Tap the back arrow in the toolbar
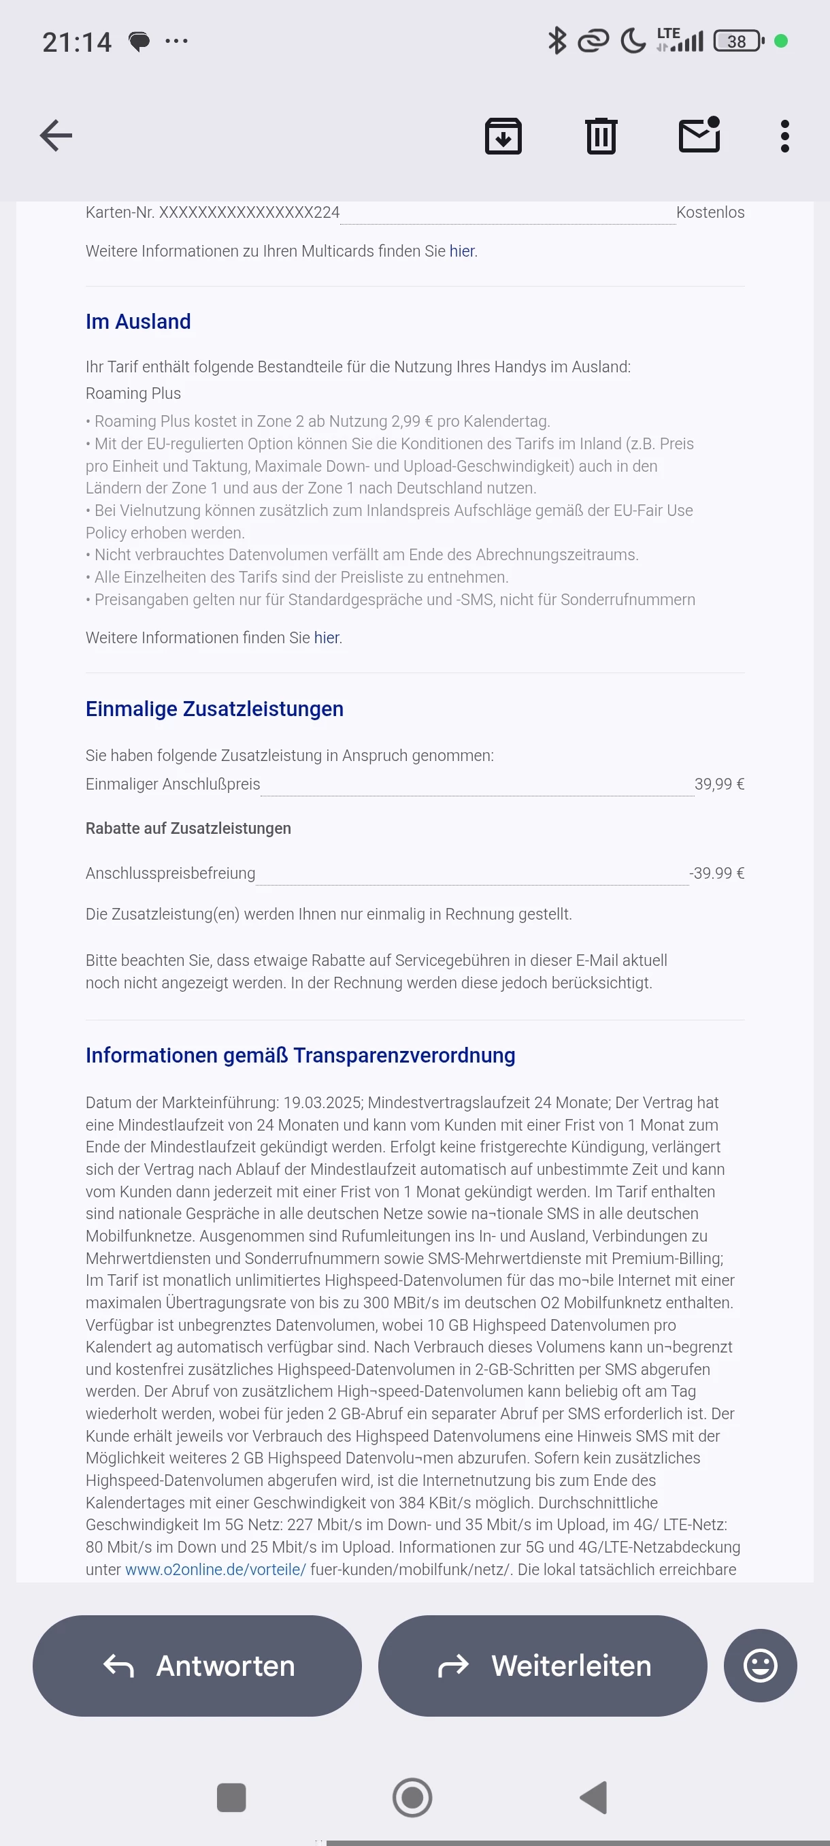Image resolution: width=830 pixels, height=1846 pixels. click(x=56, y=135)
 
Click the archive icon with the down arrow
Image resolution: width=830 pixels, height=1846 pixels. click(x=503, y=135)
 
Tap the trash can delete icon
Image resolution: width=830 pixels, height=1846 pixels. click(x=601, y=135)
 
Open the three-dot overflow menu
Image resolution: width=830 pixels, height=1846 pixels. click(x=785, y=135)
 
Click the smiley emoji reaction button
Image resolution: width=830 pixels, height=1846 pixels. click(x=760, y=1666)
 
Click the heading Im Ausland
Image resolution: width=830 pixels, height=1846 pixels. click(x=138, y=322)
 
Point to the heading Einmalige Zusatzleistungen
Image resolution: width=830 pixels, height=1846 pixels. click(x=214, y=709)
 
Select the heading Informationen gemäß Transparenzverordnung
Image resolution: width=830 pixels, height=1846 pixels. click(x=300, y=1055)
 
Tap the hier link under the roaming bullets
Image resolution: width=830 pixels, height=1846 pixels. click(x=327, y=638)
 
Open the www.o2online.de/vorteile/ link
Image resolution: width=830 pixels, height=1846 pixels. click(x=216, y=1570)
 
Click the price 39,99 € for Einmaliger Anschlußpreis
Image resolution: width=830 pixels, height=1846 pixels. click(x=719, y=784)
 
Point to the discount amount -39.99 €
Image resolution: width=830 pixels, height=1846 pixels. click(x=716, y=873)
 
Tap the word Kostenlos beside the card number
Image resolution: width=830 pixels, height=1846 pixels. click(x=710, y=213)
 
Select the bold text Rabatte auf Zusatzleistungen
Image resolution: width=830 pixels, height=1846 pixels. click(x=188, y=828)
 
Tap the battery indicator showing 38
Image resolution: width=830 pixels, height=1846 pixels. click(x=737, y=42)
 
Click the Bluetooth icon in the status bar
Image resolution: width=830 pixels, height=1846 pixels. click(x=557, y=41)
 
